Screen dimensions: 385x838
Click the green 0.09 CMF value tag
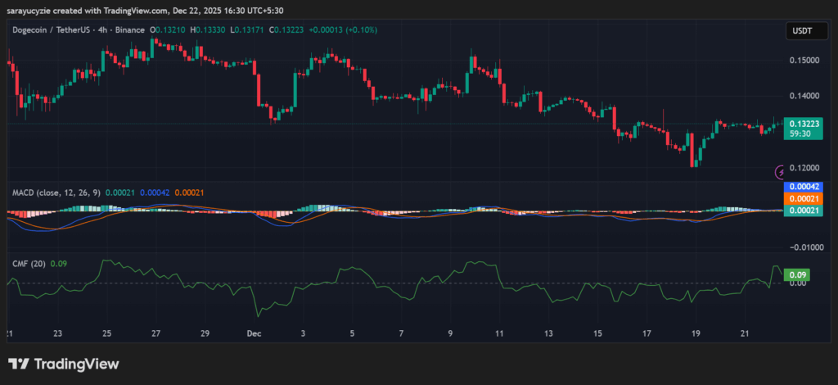(793, 274)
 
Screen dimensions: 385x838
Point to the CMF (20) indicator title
(29, 263)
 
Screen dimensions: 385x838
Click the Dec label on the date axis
(254, 334)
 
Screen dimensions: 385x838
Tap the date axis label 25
(107, 334)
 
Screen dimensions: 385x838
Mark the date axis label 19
(696, 334)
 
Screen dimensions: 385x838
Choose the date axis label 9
(451, 334)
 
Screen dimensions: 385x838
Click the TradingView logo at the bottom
(64, 365)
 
